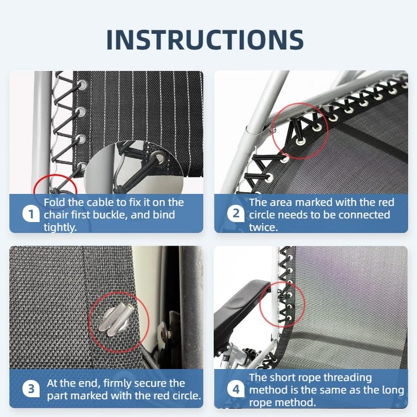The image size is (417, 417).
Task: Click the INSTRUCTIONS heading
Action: pos(205,40)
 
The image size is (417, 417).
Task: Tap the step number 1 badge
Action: pos(31,214)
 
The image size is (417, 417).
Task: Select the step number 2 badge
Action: pos(236,214)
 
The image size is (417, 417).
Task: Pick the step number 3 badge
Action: pos(31,389)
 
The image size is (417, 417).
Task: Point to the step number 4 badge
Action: pos(236,389)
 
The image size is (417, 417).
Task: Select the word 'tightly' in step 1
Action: pos(59,228)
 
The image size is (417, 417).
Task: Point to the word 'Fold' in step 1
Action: pos(54,202)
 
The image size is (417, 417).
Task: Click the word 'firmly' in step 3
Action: pos(117,384)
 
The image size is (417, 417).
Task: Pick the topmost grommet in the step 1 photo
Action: pos(82,85)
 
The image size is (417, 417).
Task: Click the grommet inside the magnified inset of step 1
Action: pos(159,158)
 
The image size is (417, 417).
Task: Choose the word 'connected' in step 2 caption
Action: pos(364,215)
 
